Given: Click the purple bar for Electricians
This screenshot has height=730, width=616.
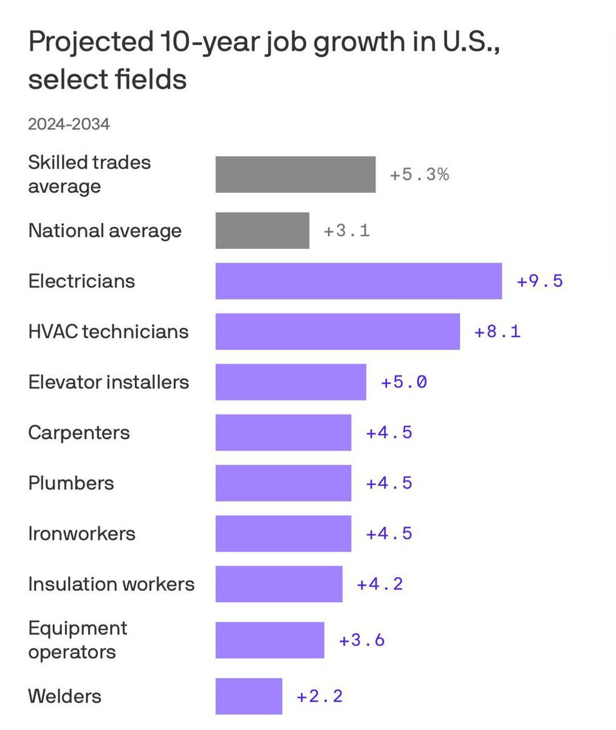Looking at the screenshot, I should tap(358, 281).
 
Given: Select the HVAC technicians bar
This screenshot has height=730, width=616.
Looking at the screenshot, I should tap(337, 332).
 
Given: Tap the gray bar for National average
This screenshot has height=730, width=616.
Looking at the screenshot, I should tap(262, 231).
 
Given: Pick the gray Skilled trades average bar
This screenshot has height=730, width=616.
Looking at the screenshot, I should tap(295, 175).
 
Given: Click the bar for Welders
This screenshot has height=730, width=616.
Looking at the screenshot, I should tap(248, 696).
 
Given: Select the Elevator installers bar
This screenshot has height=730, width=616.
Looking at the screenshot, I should tap(290, 382).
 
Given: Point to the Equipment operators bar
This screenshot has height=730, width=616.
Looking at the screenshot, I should tap(270, 640).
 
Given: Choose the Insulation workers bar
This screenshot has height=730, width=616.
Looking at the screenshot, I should tap(279, 584).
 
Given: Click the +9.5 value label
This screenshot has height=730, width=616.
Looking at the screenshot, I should tap(539, 281).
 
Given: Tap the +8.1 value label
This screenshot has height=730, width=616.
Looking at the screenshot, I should tap(497, 332).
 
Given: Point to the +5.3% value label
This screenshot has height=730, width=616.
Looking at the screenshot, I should tap(419, 175).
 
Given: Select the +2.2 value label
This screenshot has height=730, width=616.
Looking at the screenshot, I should tap(320, 696).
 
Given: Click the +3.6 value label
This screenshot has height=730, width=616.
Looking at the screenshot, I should tap(361, 640).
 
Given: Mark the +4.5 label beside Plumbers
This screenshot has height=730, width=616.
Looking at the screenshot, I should tap(389, 483).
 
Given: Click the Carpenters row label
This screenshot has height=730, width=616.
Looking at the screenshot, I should tap(79, 433).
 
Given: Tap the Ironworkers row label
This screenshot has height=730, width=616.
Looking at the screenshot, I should tap(81, 534).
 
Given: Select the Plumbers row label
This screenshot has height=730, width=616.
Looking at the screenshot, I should tap(71, 483).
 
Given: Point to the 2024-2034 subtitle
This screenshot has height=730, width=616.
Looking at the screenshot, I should tap(69, 124).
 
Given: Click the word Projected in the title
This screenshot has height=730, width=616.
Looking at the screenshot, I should tap(90, 43).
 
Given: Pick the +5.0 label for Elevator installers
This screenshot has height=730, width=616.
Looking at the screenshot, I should tap(403, 382).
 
